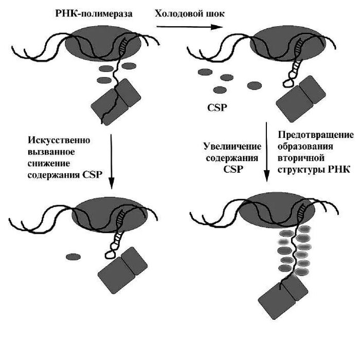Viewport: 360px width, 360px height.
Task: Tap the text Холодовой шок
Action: (190, 14)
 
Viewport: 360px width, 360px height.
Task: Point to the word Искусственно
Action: (59, 140)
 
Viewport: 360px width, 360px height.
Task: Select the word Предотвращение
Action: (315, 135)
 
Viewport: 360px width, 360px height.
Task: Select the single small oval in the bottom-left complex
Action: (73, 256)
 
